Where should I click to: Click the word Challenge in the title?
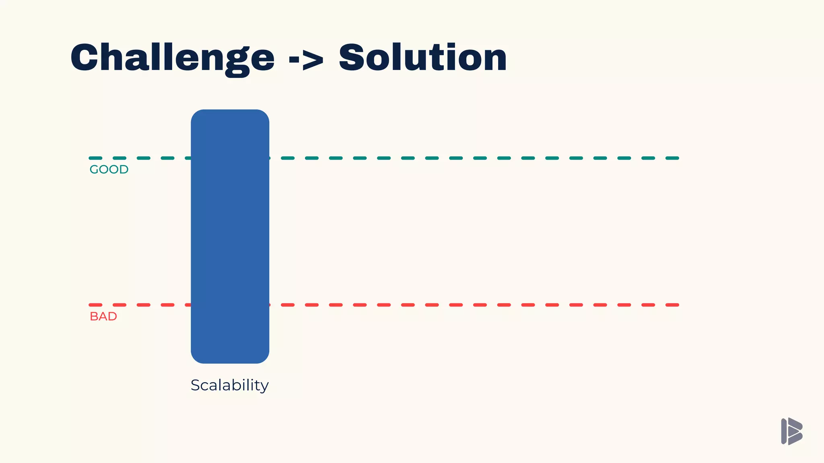tap(172, 58)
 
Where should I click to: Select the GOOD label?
tap(109, 170)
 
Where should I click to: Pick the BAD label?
tap(103, 317)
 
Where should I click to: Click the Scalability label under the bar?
tap(229, 385)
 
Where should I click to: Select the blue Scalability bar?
tap(230, 236)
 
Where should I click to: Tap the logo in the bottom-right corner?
tap(791, 431)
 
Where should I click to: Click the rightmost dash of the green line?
tap(672, 158)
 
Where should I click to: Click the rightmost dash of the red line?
tap(672, 305)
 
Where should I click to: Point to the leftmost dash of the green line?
tap(95, 158)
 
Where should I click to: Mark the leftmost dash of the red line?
tap(95, 305)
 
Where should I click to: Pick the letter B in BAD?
tap(93, 317)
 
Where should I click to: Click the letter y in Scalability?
tap(264, 387)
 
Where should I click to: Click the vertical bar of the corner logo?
tap(784, 431)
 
